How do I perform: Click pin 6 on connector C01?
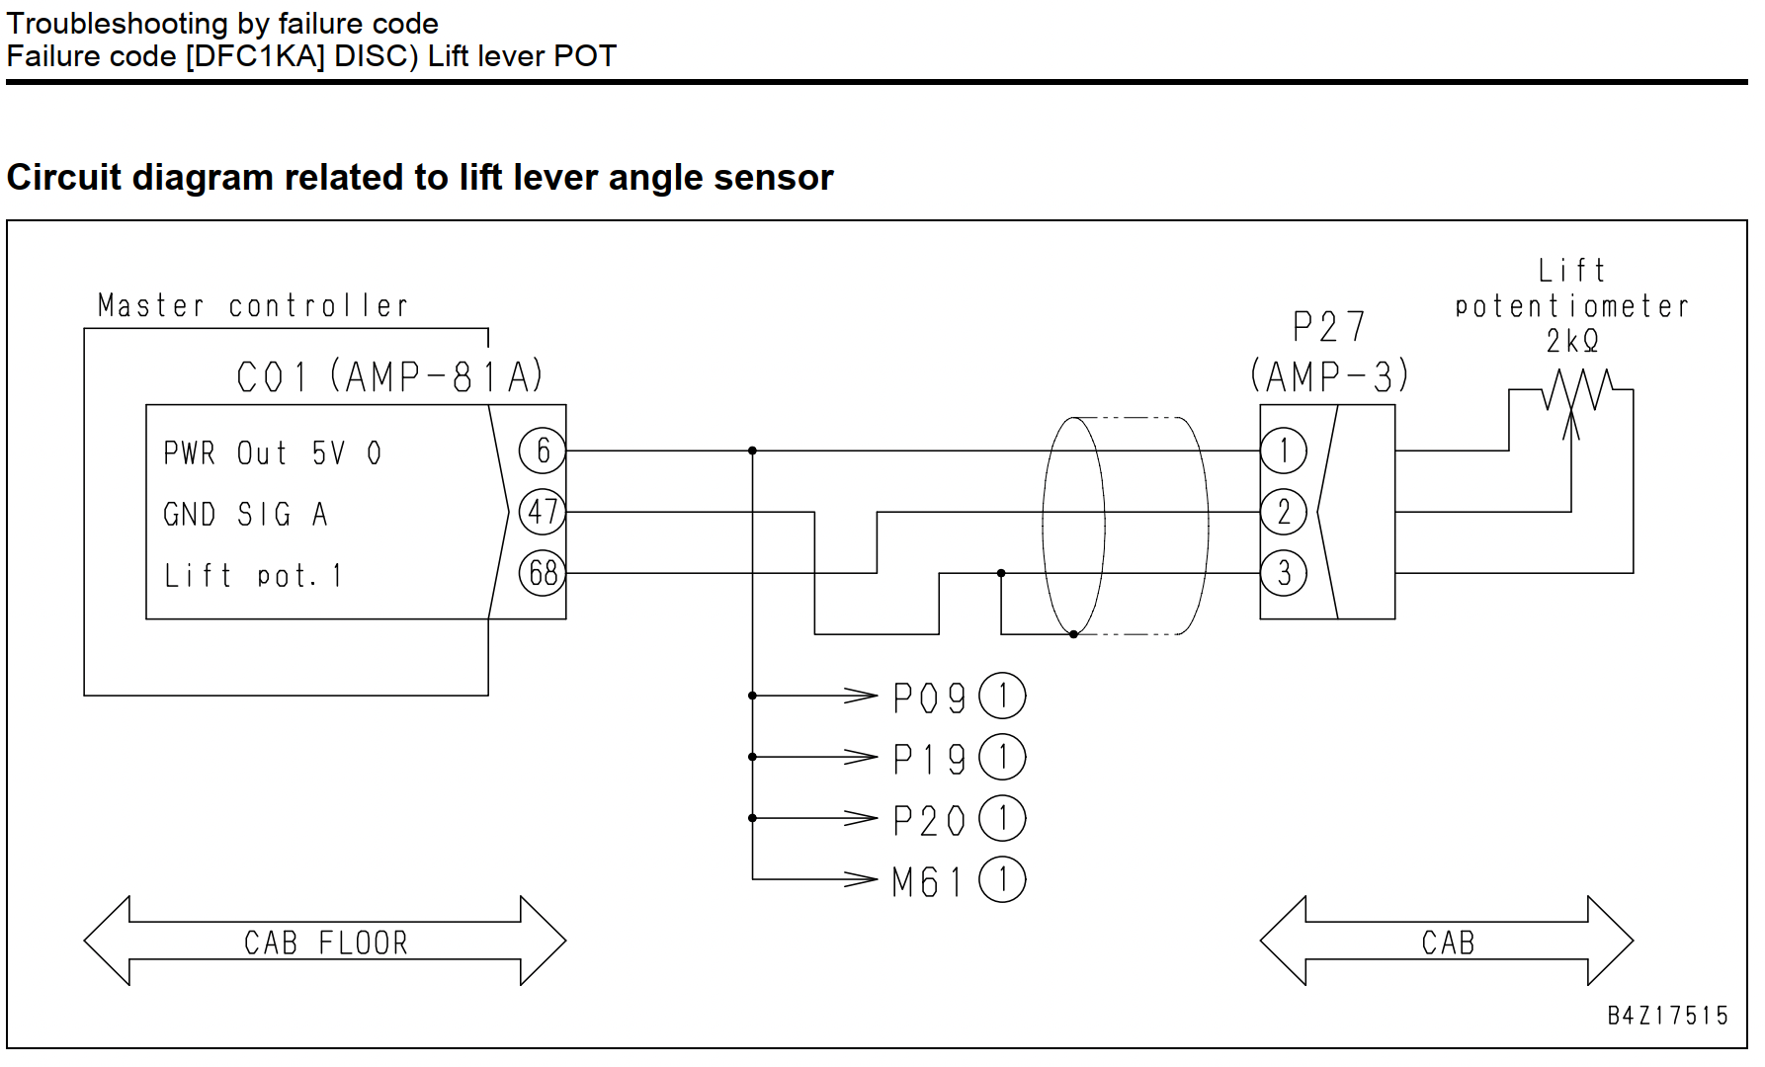tap(543, 451)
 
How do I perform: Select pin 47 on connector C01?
tap(543, 512)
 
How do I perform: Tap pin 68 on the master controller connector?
tap(543, 573)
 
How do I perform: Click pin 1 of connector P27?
tap(1284, 451)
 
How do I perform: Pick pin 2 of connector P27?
tap(1284, 512)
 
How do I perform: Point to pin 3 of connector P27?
tap(1284, 573)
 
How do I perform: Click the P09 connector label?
tap(929, 698)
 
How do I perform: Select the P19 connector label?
tap(929, 759)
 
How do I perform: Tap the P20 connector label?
tap(929, 820)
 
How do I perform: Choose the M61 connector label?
tap(927, 881)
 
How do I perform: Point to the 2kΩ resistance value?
tap(1572, 341)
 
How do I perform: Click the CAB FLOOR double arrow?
tap(325, 941)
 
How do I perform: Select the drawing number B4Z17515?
tap(1668, 1016)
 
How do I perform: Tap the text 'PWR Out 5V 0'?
tap(272, 453)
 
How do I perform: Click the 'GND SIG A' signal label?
tap(245, 515)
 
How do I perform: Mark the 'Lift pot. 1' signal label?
tap(253, 575)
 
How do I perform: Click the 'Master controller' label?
tap(253, 305)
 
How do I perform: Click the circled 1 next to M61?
tap(1002, 880)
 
